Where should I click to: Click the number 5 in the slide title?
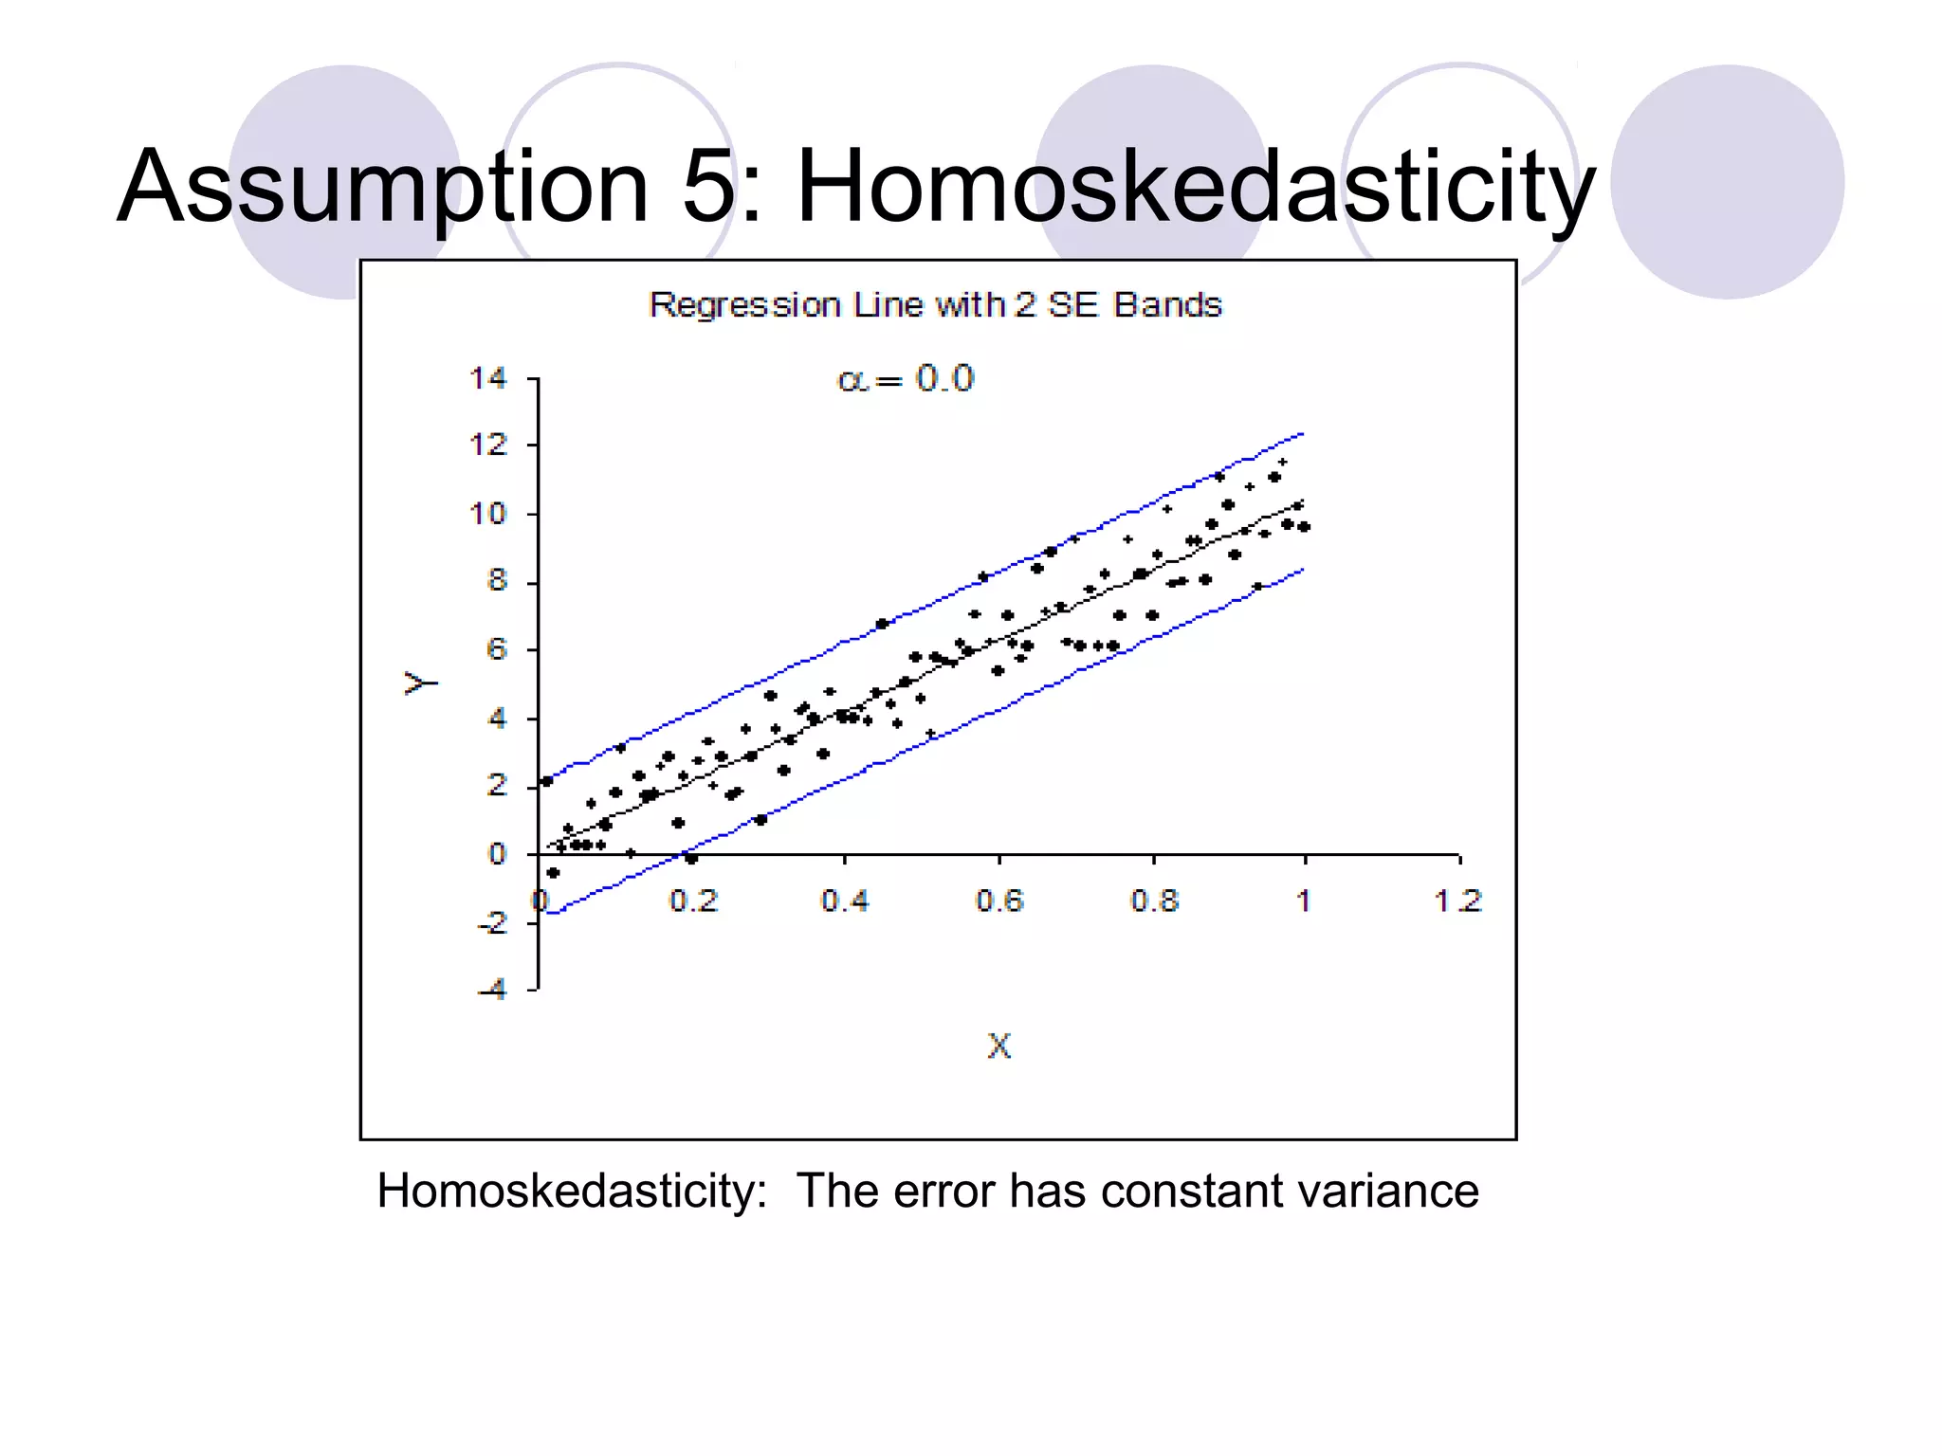click(708, 187)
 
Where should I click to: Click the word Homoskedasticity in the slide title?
click(1196, 187)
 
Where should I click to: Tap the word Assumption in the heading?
click(383, 187)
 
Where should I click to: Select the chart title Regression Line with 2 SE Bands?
click(935, 305)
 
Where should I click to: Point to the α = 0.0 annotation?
click(906, 379)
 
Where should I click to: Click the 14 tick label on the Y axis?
click(488, 378)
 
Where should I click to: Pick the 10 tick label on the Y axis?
click(488, 514)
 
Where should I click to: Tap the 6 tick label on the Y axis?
click(497, 649)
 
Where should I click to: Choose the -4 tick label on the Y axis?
click(493, 990)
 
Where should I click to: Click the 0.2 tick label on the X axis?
click(693, 901)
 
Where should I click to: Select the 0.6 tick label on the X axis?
click(999, 901)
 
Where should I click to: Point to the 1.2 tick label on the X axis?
click(1457, 901)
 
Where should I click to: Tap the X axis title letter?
click(999, 1046)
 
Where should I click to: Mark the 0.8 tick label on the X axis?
click(1154, 901)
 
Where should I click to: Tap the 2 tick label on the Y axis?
click(497, 785)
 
